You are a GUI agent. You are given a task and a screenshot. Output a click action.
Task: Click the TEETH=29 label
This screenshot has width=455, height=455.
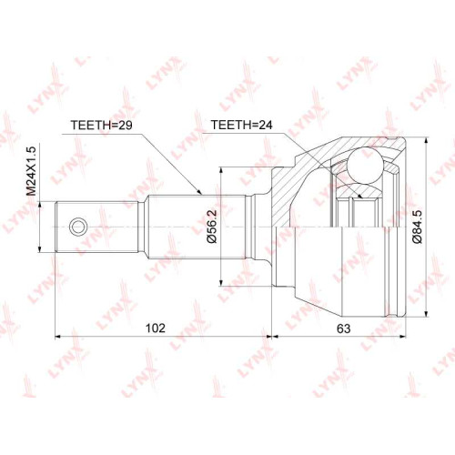pyautogui.click(x=101, y=125)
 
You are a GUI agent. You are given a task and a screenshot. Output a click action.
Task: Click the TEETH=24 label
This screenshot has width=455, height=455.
pyautogui.click(x=242, y=125)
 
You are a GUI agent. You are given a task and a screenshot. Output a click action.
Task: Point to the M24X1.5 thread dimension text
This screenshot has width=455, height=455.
pyautogui.click(x=31, y=171)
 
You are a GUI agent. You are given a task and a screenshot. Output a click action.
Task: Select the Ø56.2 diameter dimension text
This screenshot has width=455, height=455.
pyautogui.click(x=212, y=227)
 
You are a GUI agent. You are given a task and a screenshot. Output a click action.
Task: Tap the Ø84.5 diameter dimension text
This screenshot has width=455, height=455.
pyautogui.click(x=418, y=227)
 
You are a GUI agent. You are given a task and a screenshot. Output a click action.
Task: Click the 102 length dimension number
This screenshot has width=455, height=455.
pyautogui.click(x=156, y=328)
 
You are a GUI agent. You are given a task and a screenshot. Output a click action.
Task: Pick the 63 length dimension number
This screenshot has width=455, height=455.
pyautogui.click(x=344, y=329)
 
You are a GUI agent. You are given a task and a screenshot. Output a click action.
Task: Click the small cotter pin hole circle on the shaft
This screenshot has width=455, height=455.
pyautogui.click(x=78, y=227)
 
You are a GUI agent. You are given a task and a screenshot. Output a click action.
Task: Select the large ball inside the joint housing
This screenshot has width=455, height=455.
pyautogui.click(x=365, y=166)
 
